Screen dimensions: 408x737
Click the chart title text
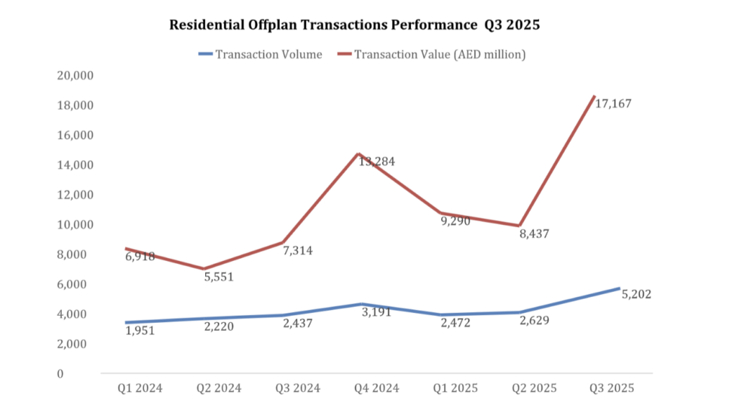tap(354, 25)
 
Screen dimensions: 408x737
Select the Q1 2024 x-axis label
tap(140, 389)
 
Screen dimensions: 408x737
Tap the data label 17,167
tap(613, 104)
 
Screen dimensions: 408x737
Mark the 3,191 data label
tap(376, 311)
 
